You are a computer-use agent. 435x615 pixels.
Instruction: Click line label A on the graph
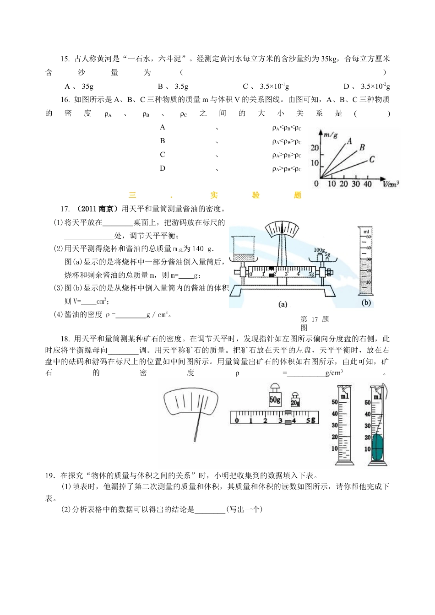pos(350,141)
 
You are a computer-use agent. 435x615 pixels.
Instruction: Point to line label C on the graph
pos(372,159)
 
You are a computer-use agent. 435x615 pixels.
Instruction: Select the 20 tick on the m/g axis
pos(315,148)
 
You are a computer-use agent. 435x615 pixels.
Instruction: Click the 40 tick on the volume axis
pos(367,184)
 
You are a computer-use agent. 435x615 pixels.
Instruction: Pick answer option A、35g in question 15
pos(79,86)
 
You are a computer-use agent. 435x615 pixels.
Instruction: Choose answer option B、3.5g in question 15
pos(173,86)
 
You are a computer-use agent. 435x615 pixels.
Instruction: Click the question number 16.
pos(65,100)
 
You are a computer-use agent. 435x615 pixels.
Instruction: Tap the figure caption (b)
pos(366,302)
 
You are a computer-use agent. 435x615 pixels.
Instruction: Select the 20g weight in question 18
pos(295,401)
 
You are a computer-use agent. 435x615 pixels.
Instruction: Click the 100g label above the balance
pos(319,250)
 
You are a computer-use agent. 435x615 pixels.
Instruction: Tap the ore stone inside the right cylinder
pos(377,447)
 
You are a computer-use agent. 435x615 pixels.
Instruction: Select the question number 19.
pos(50,475)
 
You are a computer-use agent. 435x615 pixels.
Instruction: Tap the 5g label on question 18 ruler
pos(311,420)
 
